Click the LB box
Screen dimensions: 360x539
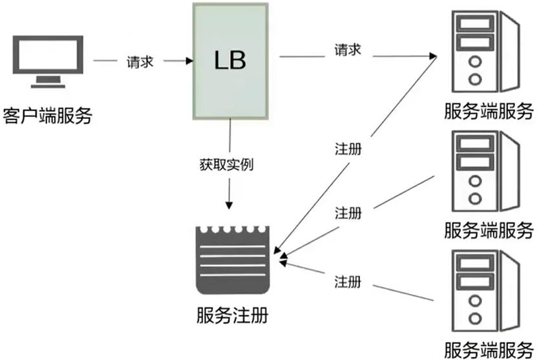coord(230,61)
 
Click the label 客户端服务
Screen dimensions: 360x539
coord(48,116)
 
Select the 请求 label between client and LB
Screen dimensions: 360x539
coord(140,63)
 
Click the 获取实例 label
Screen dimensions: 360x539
coord(227,164)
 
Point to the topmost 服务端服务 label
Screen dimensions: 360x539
coord(489,111)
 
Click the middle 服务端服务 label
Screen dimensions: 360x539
coord(489,230)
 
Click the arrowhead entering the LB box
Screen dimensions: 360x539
coord(189,61)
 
